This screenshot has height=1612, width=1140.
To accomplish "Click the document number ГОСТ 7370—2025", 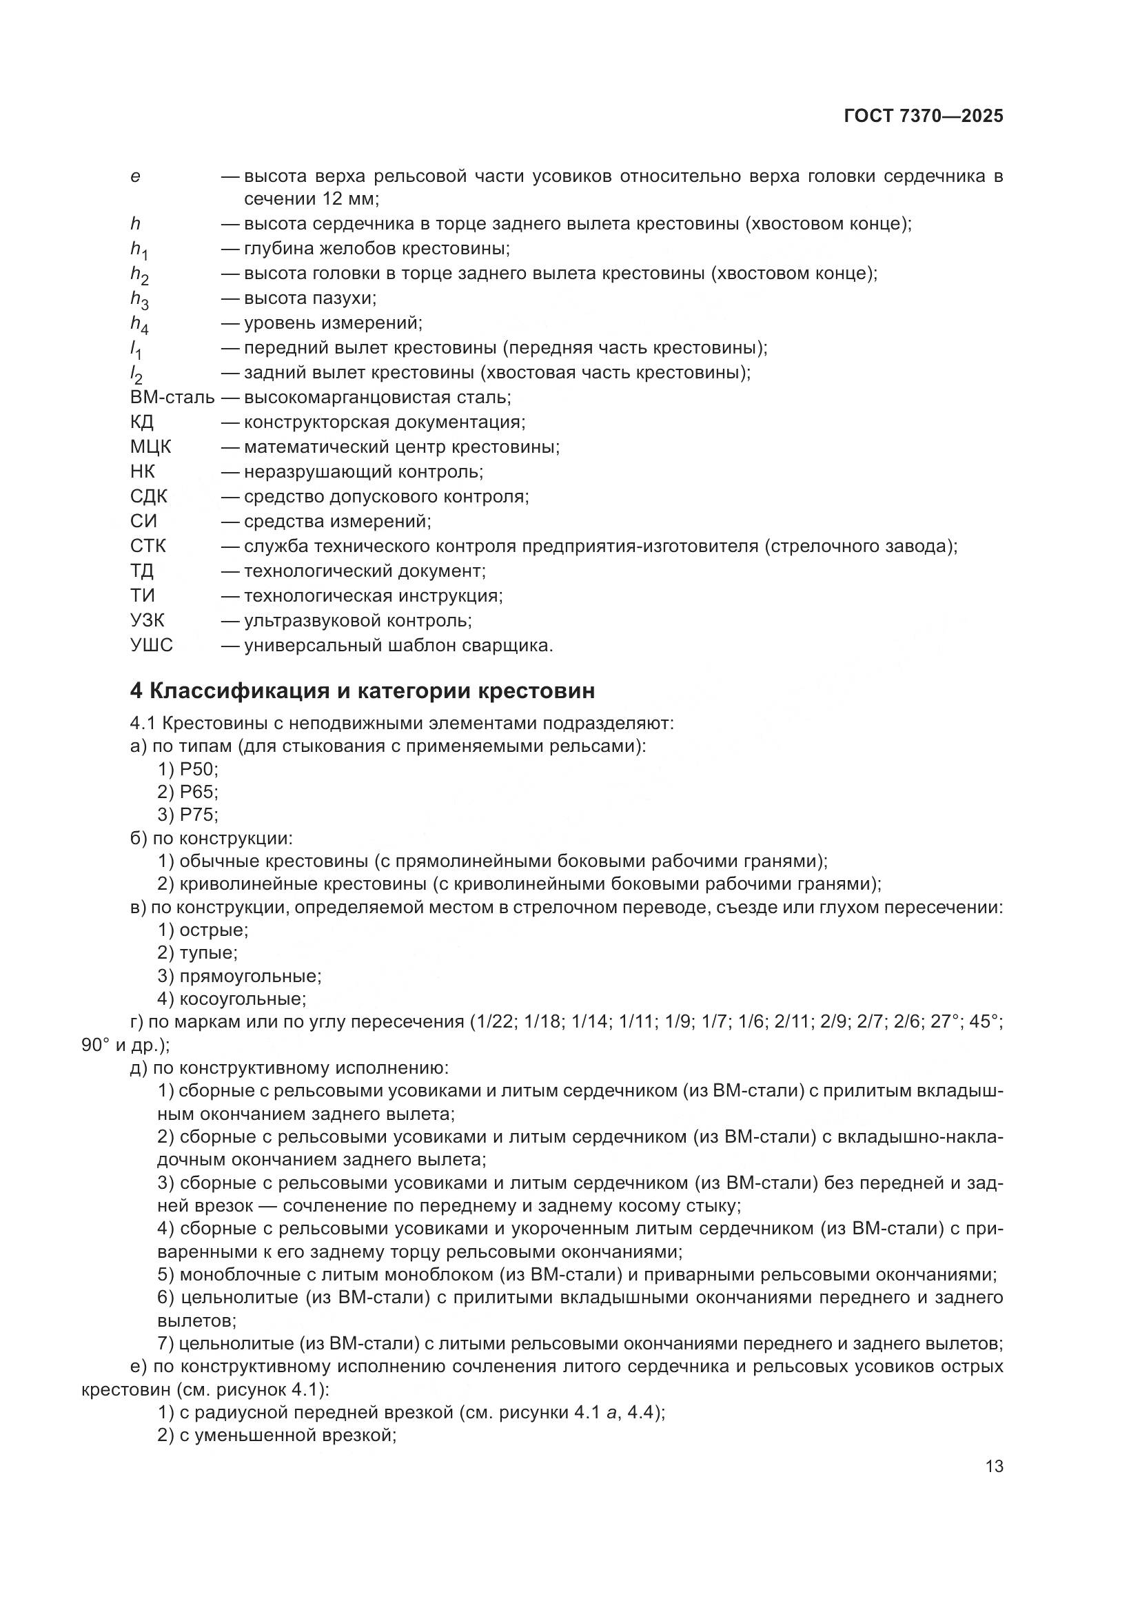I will pyautogui.click(x=923, y=116).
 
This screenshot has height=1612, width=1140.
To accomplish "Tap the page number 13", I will pyautogui.click(x=994, y=1467).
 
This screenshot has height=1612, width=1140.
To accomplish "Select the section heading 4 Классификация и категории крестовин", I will pyautogui.click(x=363, y=691).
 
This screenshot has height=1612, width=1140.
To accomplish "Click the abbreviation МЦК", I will pyautogui.click(x=150, y=447).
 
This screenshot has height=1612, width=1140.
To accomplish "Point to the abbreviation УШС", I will pyautogui.click(x=151, y=644).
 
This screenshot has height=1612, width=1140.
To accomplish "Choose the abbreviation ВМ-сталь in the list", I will pyautogui.click(x=172, y=398).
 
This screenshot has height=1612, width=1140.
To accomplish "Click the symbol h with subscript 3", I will pyautogui.click(x=139, y=300).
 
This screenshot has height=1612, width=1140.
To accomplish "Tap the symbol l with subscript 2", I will pyautogui.click(x=136, y=374).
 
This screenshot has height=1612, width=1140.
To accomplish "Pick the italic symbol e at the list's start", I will pyautogui.click(x=135, y=176).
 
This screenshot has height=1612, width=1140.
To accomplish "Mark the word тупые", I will pyautogui.click(x=207, y=952).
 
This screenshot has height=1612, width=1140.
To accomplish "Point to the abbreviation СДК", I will pyautogui.click(x=149, y=496).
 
